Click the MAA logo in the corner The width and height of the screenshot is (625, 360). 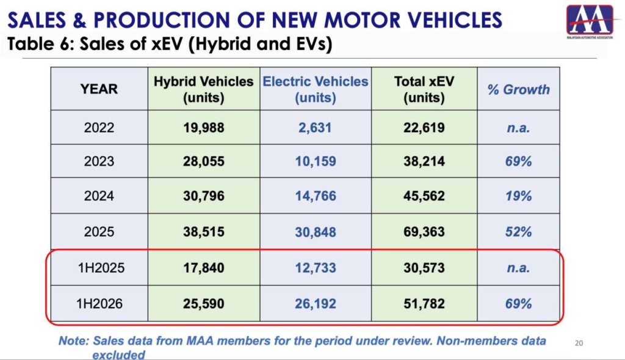tap(590, 20)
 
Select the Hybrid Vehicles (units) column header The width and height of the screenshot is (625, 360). tap(204, 89)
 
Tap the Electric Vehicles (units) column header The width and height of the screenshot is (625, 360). tap(316, 89)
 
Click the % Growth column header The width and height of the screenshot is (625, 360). tap(518, 89)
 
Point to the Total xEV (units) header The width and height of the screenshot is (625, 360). tap(424, 89)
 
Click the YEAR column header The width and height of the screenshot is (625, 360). tap(99, 89)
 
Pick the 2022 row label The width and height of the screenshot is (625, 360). tap(99, 128)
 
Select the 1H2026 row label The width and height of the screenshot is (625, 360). tap(99, 304)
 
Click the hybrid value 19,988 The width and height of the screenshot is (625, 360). tap(204, 128)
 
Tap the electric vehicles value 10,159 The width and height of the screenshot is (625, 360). tap(316, 162)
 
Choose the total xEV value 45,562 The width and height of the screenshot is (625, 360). tap(424, 196)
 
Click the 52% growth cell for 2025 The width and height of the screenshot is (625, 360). tap(518, 232)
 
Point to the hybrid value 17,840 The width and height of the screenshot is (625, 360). tap(204, 267)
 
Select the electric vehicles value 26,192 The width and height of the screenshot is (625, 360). tap(316, 304)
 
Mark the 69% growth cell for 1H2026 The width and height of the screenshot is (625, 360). tap(518, 304)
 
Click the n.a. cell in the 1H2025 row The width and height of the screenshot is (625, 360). tap(518, 267)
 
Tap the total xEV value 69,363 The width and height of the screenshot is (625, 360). tap(424, 232)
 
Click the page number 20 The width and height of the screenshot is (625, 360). tap(579, 343)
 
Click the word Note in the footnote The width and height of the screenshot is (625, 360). tap(74, 341)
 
